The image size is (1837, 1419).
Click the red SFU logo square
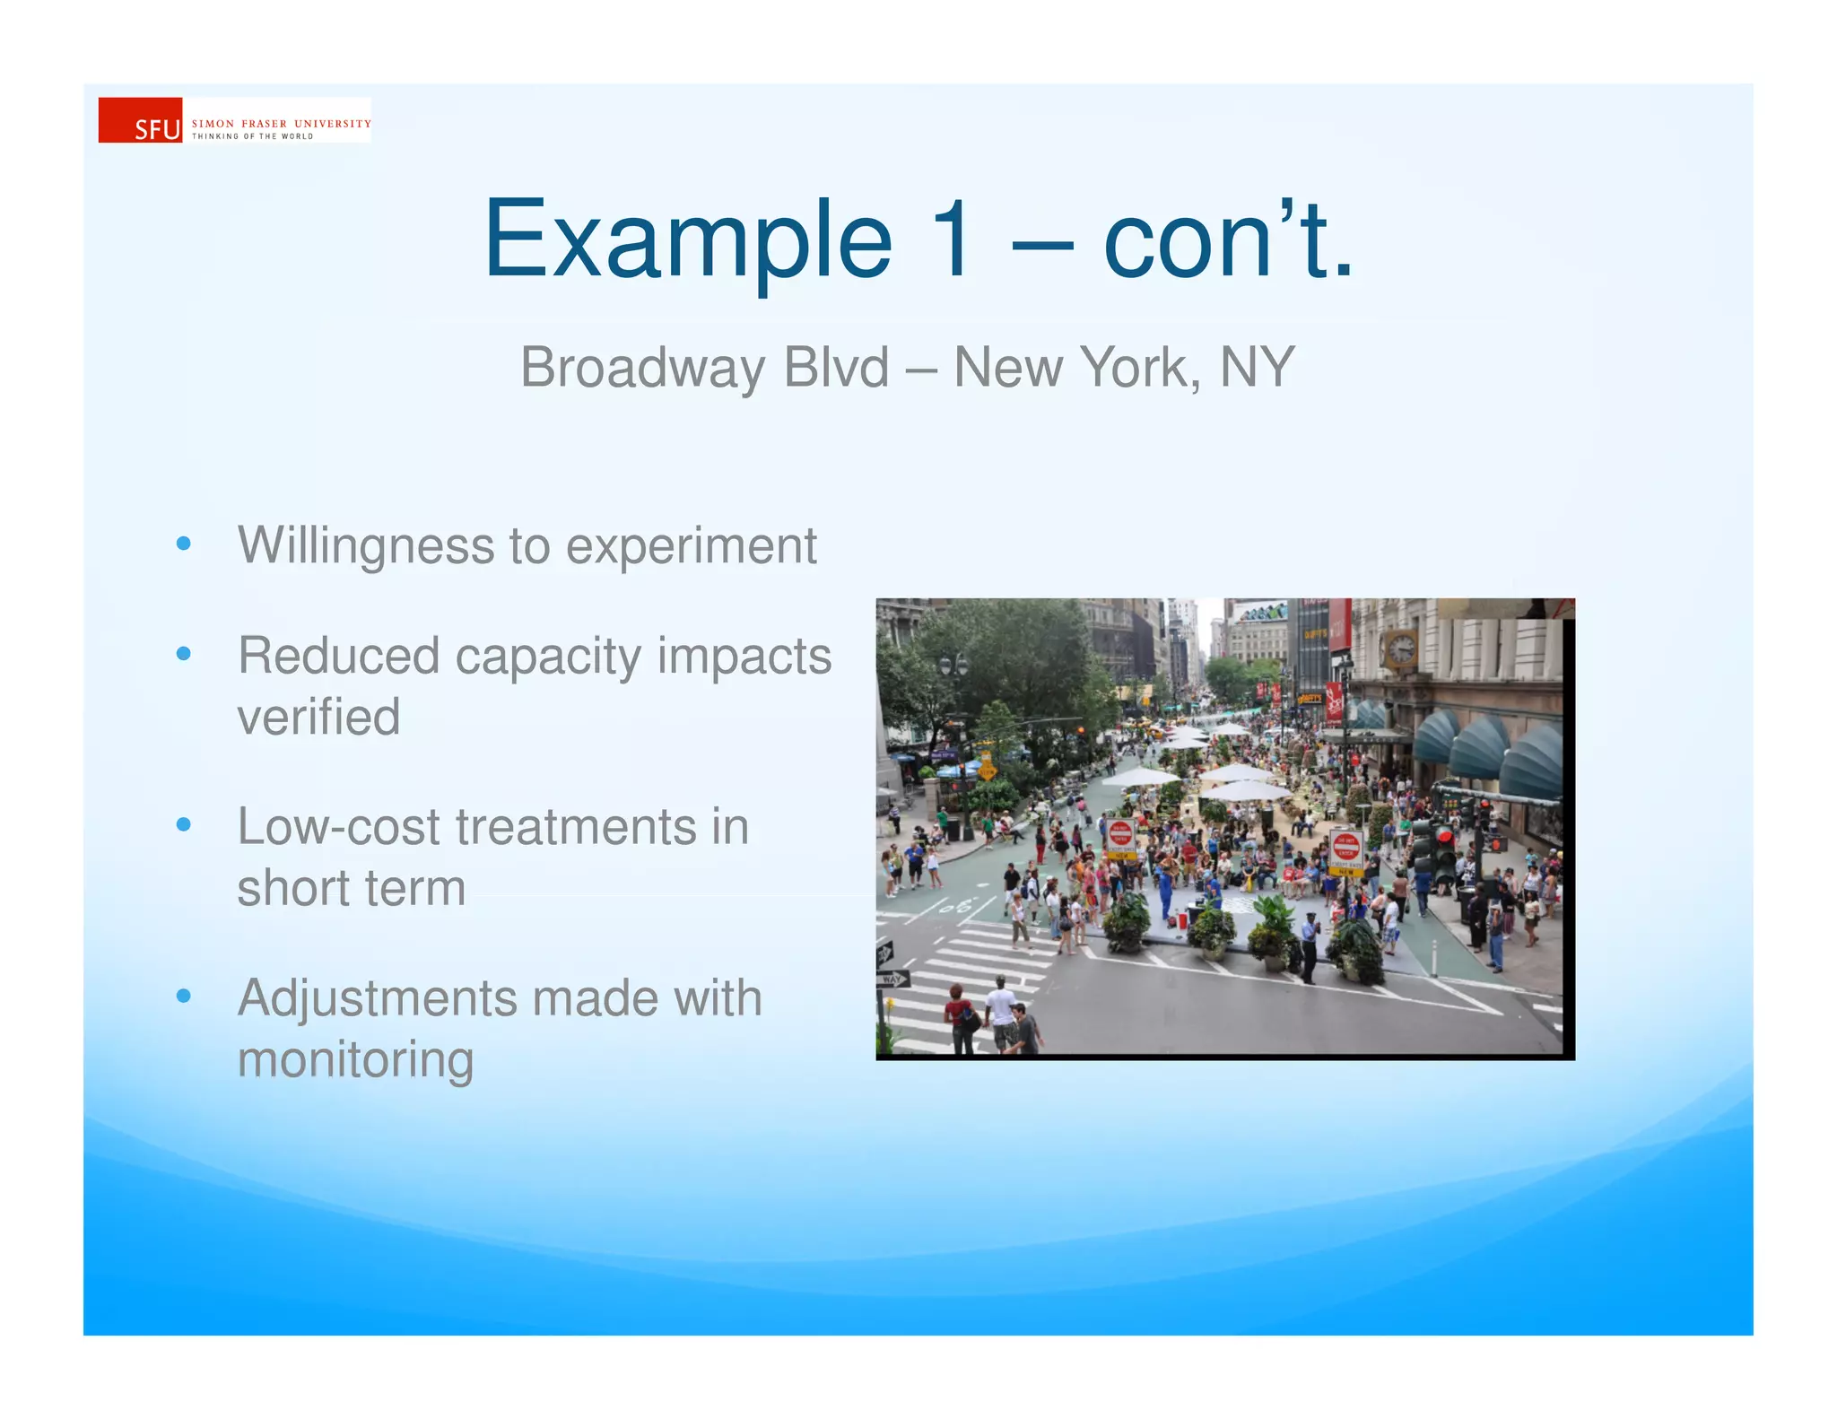[x=140, y=120]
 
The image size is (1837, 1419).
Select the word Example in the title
[x=687, y=239]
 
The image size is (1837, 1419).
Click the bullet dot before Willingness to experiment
[x=184, y=544]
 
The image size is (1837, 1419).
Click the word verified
[x=318, y=717]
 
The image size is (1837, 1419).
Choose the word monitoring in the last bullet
[x=355, y=1060]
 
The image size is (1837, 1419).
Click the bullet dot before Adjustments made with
[x=184, y=996]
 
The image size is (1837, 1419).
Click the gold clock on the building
[x=1400, y=647]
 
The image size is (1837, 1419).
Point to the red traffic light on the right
[x=1444, y=836]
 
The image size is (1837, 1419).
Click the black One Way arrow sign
[x=885, y=953]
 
